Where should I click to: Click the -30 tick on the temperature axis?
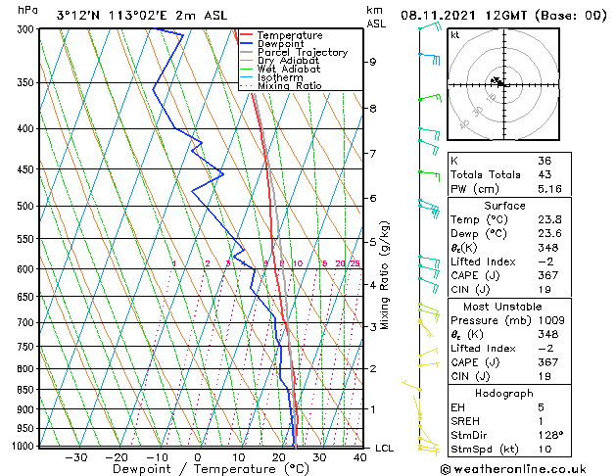(75, 456)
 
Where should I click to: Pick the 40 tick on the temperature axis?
(360, 456)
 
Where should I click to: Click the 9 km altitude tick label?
(373, 62)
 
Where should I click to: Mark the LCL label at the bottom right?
(385, 448)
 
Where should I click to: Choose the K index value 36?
(545, 160)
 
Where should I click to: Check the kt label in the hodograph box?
(455, 35)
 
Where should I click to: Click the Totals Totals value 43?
(545, 174)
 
